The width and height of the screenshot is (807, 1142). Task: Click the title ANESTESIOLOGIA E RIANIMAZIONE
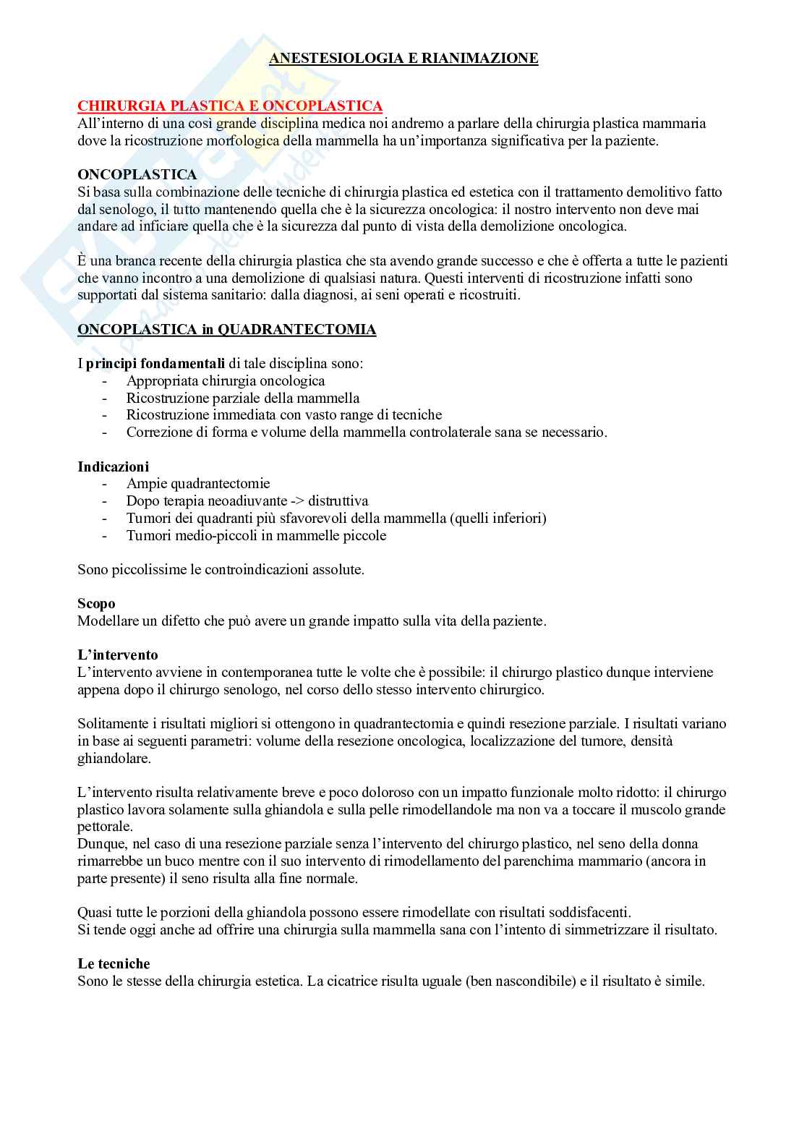403,59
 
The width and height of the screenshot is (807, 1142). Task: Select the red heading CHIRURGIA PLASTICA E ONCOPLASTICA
230,106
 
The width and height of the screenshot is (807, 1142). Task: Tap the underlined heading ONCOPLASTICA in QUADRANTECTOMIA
226,330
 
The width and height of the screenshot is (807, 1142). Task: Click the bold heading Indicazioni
113,466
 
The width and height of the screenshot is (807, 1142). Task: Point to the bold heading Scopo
96,603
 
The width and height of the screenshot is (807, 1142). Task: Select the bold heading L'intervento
117,655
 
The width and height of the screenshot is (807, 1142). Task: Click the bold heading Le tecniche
114,964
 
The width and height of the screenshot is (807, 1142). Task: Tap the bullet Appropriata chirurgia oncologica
225,380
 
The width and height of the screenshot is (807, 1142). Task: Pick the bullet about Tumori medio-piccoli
256,535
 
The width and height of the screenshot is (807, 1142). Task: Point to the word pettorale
105,826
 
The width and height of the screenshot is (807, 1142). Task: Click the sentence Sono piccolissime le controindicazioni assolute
221,569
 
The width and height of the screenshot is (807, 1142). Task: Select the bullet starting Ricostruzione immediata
283,415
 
